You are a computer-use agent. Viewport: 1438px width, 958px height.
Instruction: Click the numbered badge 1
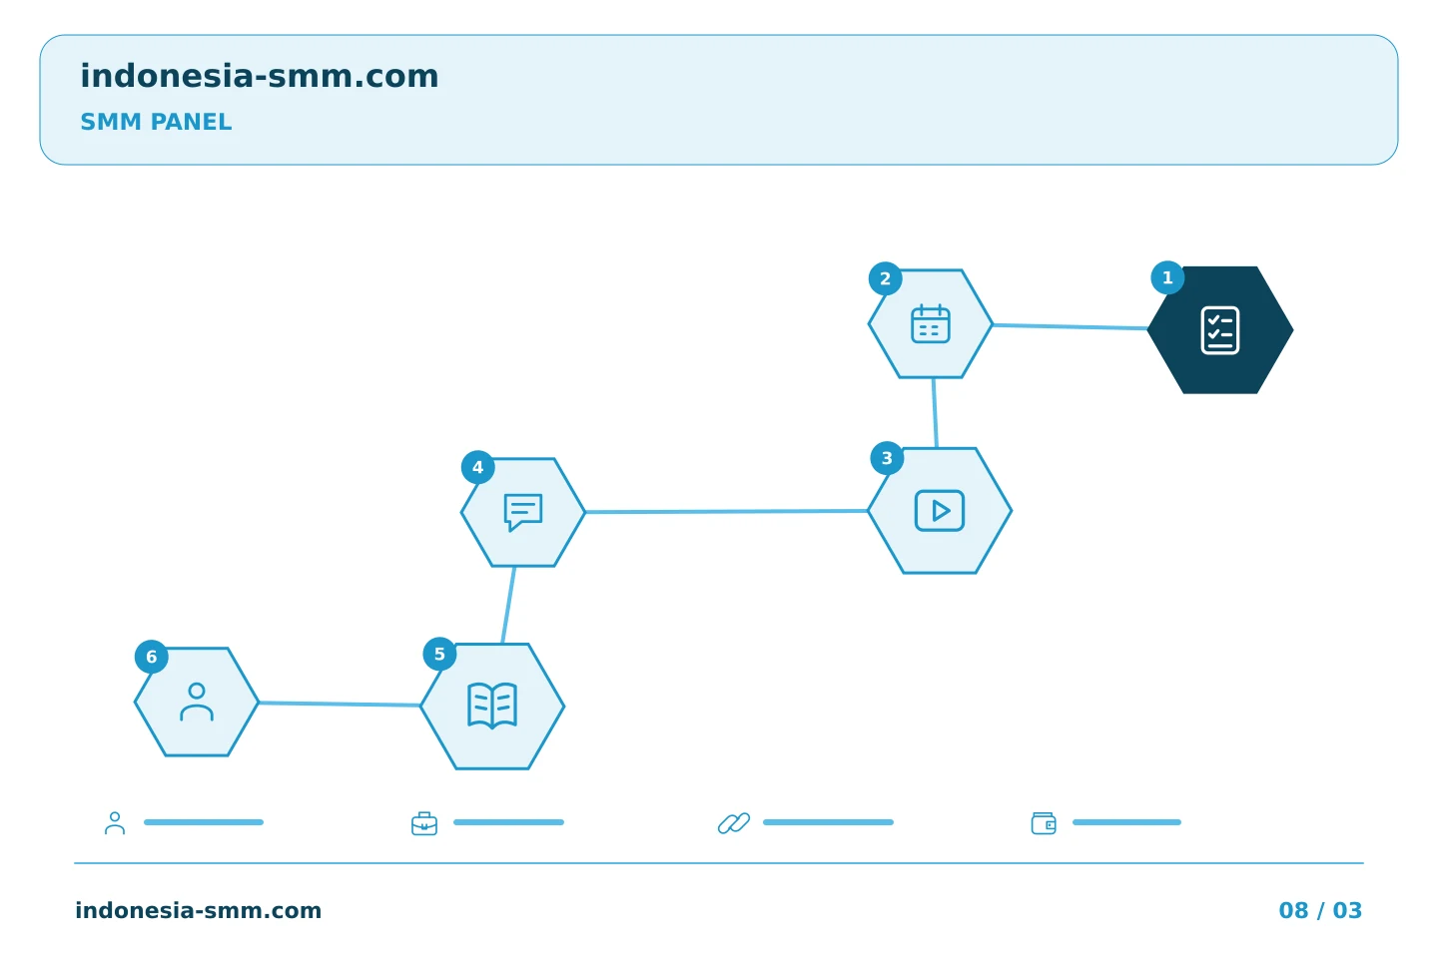click(1167, 277)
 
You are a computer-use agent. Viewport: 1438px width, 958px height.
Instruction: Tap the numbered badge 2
click(885, 278)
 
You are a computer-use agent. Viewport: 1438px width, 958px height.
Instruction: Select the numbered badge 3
click(887, 458)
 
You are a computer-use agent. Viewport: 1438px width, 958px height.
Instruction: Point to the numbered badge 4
click(477, 467)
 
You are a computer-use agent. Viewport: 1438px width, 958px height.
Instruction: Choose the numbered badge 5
click(439, 654)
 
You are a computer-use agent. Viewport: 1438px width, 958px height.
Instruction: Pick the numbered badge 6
click(152, 657)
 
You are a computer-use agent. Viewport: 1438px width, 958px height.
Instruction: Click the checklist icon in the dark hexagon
click(1219, 330)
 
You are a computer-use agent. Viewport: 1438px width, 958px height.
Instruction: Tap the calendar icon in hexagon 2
click(931, 324)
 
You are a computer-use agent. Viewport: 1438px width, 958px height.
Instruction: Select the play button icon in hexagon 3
click(939, 511)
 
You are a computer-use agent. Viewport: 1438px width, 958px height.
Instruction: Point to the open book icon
click(492, 706)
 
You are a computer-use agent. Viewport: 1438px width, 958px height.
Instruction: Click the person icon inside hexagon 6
click(197, 702)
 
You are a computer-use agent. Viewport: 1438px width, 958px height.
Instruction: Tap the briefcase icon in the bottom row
click(424, 823)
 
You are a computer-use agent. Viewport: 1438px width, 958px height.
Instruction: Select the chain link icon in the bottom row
click(734, 823)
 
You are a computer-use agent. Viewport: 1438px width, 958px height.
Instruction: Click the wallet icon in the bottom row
click(1044, 823)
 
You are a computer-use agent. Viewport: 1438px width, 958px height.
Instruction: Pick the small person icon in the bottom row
click(115, 823)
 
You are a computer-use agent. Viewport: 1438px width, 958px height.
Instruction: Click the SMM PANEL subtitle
click(156, 122)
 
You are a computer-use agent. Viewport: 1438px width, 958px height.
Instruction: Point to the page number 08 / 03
click(1320, 910)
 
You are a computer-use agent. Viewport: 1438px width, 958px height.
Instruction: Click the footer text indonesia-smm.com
click(199, 910)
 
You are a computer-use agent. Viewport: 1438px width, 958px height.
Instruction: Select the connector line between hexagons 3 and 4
click(727, 511)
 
